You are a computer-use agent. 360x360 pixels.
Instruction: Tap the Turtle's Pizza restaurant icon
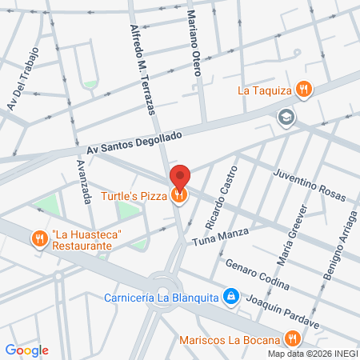tap(181, 194)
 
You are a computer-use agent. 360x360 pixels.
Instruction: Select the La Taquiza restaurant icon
tap(302, 90)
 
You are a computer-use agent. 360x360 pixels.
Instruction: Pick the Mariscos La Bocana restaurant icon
tap(294, 338)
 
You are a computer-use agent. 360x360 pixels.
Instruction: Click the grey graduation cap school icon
tap(285, 118)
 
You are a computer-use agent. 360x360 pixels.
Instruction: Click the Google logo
tap(27, 350)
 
